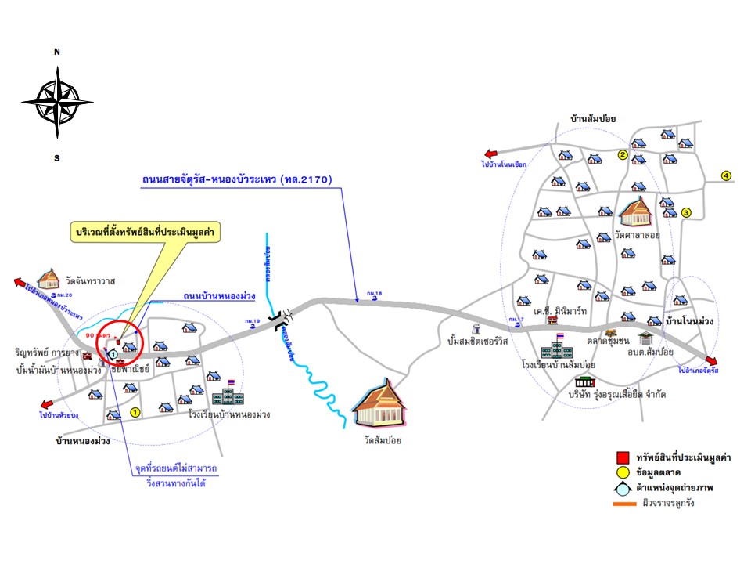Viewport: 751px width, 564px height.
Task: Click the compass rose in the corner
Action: point(57,103)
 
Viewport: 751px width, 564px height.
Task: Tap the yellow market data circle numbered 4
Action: point(726,175)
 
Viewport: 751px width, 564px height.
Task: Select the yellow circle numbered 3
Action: point(686,212)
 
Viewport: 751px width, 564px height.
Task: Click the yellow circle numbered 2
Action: point(623,154)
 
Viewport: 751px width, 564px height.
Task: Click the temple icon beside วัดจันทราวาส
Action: point(49,279)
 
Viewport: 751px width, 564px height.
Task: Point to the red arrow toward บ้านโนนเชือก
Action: point(491,155)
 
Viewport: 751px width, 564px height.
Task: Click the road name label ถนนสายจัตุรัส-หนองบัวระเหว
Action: point(237,179)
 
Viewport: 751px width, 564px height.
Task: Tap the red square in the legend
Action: point(623,457)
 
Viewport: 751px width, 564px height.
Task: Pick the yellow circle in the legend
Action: point(623,472)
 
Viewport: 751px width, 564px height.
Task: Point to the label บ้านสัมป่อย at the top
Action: point(594,118)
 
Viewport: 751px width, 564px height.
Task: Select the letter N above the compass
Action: point(57,52)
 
